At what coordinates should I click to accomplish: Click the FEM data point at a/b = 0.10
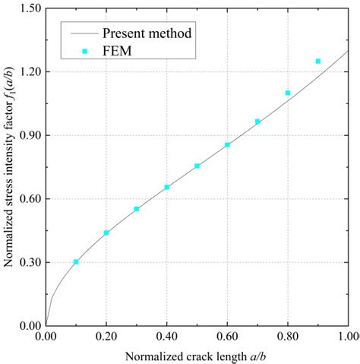click(76, 261)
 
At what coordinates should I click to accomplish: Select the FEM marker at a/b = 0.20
click(106, 233)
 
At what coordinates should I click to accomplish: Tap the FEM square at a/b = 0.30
click(137, 209)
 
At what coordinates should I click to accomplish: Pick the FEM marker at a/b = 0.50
click(197, 166)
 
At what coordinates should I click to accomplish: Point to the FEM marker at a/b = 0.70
click(257, 122)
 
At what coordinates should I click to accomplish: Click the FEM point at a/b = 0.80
click(288, 93)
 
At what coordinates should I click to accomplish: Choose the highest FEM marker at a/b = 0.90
click(318, 61)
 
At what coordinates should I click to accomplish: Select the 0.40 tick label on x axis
click(167, 335)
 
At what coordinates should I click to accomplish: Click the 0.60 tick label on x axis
click(227, 335)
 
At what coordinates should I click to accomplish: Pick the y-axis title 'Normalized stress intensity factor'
click(10, 167)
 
